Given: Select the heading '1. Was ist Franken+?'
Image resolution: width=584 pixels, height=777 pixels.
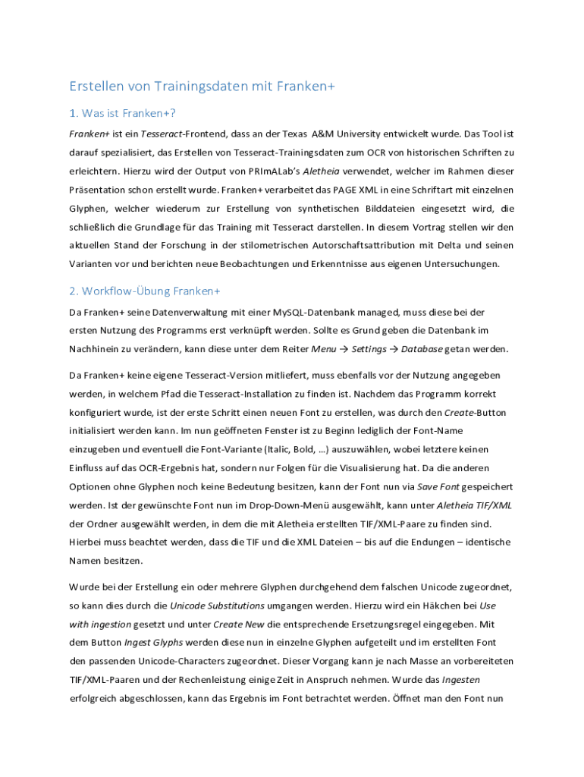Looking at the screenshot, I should [x=123, y=114].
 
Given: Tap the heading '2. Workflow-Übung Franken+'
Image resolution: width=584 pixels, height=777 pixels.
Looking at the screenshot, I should [x=144, y=291].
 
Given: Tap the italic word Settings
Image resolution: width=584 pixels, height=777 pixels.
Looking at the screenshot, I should [x=369, y=349].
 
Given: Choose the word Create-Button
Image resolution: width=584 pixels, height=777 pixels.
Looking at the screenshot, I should [x=474, y=412].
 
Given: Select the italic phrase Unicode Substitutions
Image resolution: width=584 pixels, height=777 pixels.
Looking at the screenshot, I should [x=217, y=606].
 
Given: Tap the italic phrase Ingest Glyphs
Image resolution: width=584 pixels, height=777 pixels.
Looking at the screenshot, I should [x=149, y=642].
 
